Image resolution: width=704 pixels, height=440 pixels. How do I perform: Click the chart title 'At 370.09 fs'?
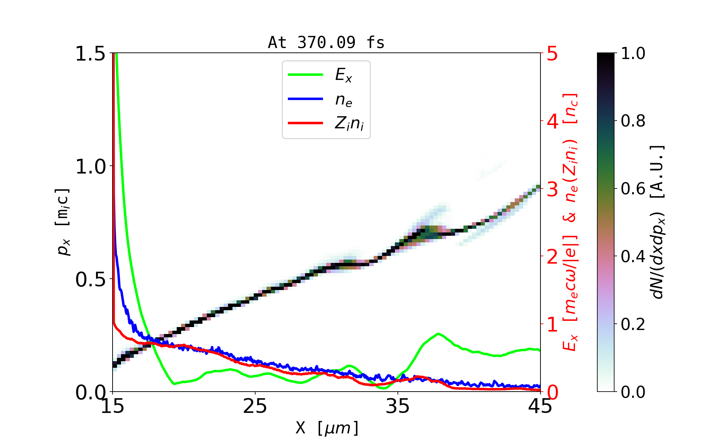(x=326, y=43)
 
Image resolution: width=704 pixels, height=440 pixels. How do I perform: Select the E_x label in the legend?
(x=344, y=75)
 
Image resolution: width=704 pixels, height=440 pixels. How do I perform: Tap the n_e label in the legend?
(x=344, y=100)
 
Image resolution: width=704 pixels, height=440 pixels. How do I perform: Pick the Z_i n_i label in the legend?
(x=349, y=124)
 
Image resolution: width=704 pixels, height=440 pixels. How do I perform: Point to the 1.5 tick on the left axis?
(x=90, y=54)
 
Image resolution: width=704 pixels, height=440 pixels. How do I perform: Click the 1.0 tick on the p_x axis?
(x=90, y=167)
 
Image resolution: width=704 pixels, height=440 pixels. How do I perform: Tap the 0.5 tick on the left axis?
(x=90, y=280)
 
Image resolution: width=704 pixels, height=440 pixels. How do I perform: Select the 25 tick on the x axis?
(x=255, y=406)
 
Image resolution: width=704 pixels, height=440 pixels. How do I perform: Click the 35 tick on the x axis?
(x=398, y=406)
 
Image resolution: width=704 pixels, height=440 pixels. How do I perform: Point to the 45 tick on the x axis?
(x=540, y=406)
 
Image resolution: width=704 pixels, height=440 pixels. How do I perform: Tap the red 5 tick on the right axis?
(x=552, y=54)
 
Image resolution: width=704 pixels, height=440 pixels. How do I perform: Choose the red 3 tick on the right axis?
(x=552, y=190)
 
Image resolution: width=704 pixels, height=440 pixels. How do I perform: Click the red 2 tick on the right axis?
(x=552, y=257)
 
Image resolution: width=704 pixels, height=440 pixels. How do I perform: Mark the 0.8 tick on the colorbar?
(x=633, y=121)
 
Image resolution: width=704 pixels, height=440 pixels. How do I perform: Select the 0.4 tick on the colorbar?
(x=633, y=256)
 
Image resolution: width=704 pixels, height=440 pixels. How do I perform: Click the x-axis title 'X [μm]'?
(x=327, y=428)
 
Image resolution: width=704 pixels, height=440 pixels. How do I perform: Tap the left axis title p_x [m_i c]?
(x=63, y=222)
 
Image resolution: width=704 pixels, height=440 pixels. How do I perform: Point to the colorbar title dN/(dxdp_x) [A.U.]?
(x=659, y=222)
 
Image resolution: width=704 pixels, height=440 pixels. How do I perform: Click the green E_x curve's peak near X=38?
(x=438, y=334)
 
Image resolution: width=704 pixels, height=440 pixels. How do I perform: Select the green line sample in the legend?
(x=305, y=75)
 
